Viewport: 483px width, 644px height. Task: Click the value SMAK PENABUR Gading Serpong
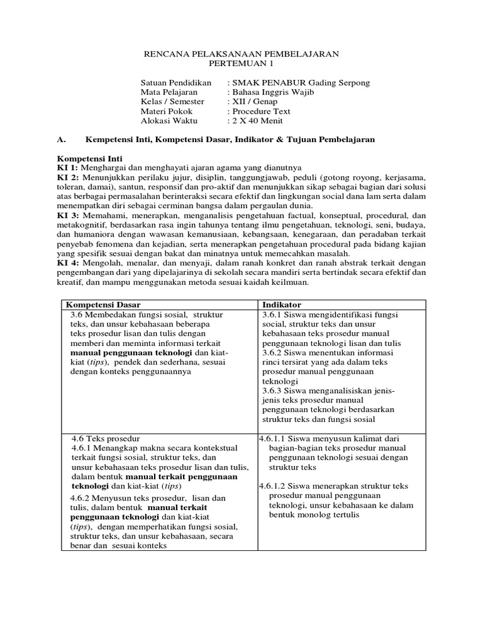coord(301,83)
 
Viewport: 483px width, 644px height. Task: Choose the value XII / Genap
coord(255,102)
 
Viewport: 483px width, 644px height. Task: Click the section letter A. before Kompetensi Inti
coord(61,140)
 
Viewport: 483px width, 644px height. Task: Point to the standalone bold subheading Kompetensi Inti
coord(90,158)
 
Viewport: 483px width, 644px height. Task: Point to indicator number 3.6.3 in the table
coord(275,391)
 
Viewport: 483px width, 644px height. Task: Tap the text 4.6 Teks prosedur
coord(105,438)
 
